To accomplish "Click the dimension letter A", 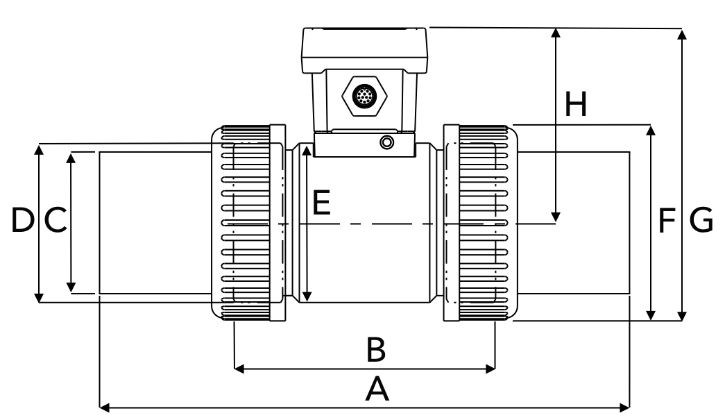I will tap(377, 389).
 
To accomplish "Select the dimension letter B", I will tap(375, 351).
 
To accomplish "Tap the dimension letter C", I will tap(56, 221).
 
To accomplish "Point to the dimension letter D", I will tap(22, 221).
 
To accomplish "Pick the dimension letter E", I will tap(321, 203).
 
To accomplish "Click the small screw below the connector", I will tap(386, 142).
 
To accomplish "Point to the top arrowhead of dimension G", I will tap(683, 35).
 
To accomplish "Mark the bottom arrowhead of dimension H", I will tap(556, 218).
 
